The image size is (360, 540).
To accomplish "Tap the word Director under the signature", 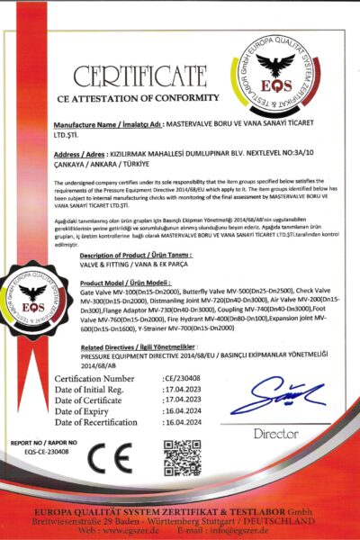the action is tap(275, 433).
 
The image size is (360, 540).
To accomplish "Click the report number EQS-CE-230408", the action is tap(37, 453).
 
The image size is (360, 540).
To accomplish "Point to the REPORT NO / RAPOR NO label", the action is tap(39, 444).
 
